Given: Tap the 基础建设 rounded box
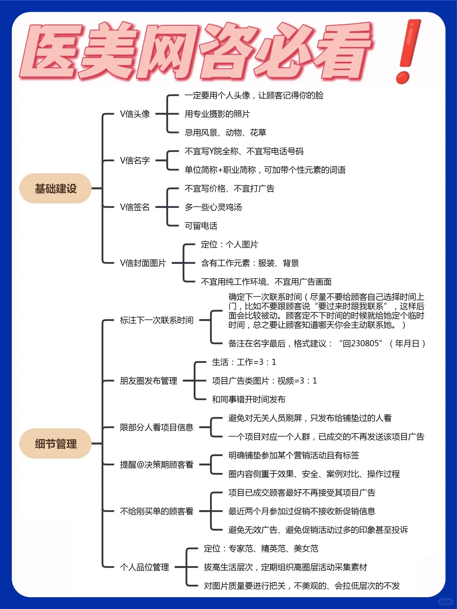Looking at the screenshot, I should pyautogui.click(x=55, y=188).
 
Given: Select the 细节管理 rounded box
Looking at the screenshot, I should pyautogui.click(x=55, y=444).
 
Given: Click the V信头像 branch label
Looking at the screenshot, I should pyautogui.click(x=135, y=114).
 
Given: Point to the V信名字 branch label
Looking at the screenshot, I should pyautogui.click(x=135, y=160).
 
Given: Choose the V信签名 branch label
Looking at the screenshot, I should pyautogui.click(x=135, y=207).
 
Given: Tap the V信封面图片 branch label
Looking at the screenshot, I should pyautogui.click(x=143, y=263).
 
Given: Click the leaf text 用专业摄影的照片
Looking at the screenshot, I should pyautogui.click(x=217, y=114).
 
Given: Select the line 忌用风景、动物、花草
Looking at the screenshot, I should pyautogui.click(x=225, y=133).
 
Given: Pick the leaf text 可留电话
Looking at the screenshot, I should pyautogui.click(x=201, y=226).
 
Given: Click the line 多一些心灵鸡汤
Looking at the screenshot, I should pyautogui.click(x=213, y=207).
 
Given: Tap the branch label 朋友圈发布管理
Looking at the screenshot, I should pyautogui.click(x=148, y=381).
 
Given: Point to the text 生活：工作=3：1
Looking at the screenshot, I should pyautogui.click(x=244, y=362).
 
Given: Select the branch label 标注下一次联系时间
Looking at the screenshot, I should pyautogui.click(x=157, y=320).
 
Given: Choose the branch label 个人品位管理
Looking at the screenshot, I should pyautogui.click(x=144, y=567).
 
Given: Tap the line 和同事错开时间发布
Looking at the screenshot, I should pyautogui.click(x=249, y=400).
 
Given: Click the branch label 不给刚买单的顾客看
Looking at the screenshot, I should pyautogui.click(x=157, y=511).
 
